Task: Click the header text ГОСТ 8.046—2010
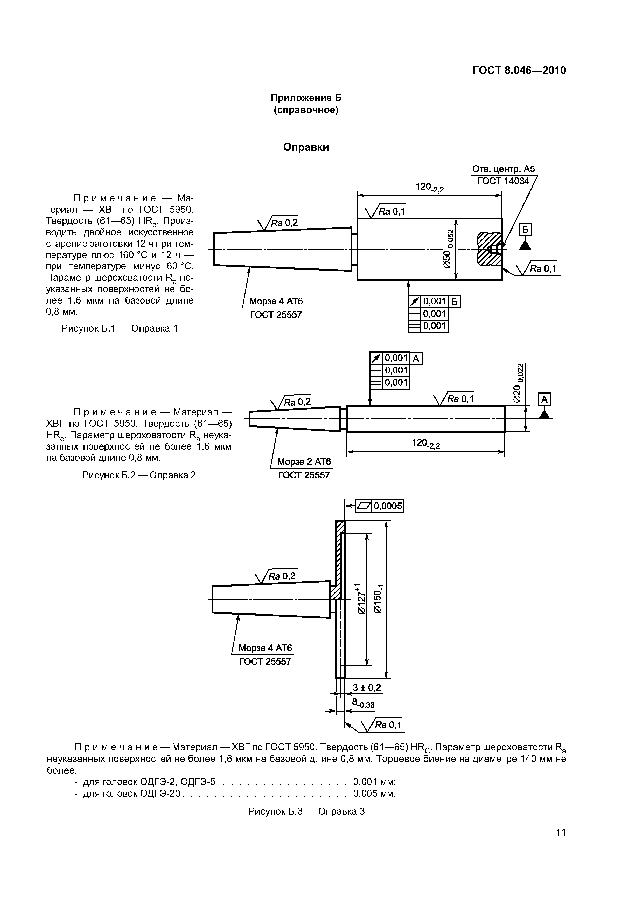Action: click(x=519, y=71)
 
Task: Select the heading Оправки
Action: click(x=306, y=147)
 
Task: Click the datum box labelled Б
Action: click(x=525, y=230)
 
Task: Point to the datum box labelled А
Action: click(x=544, y=399)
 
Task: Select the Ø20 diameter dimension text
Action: click(x=519, y=383)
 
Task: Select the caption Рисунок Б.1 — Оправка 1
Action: click(x=120, y=328)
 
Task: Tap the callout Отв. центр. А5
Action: click(x=503, y=169)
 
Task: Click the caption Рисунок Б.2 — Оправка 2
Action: click(x=139, y=475)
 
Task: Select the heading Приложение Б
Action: click(x=306, y=98)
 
